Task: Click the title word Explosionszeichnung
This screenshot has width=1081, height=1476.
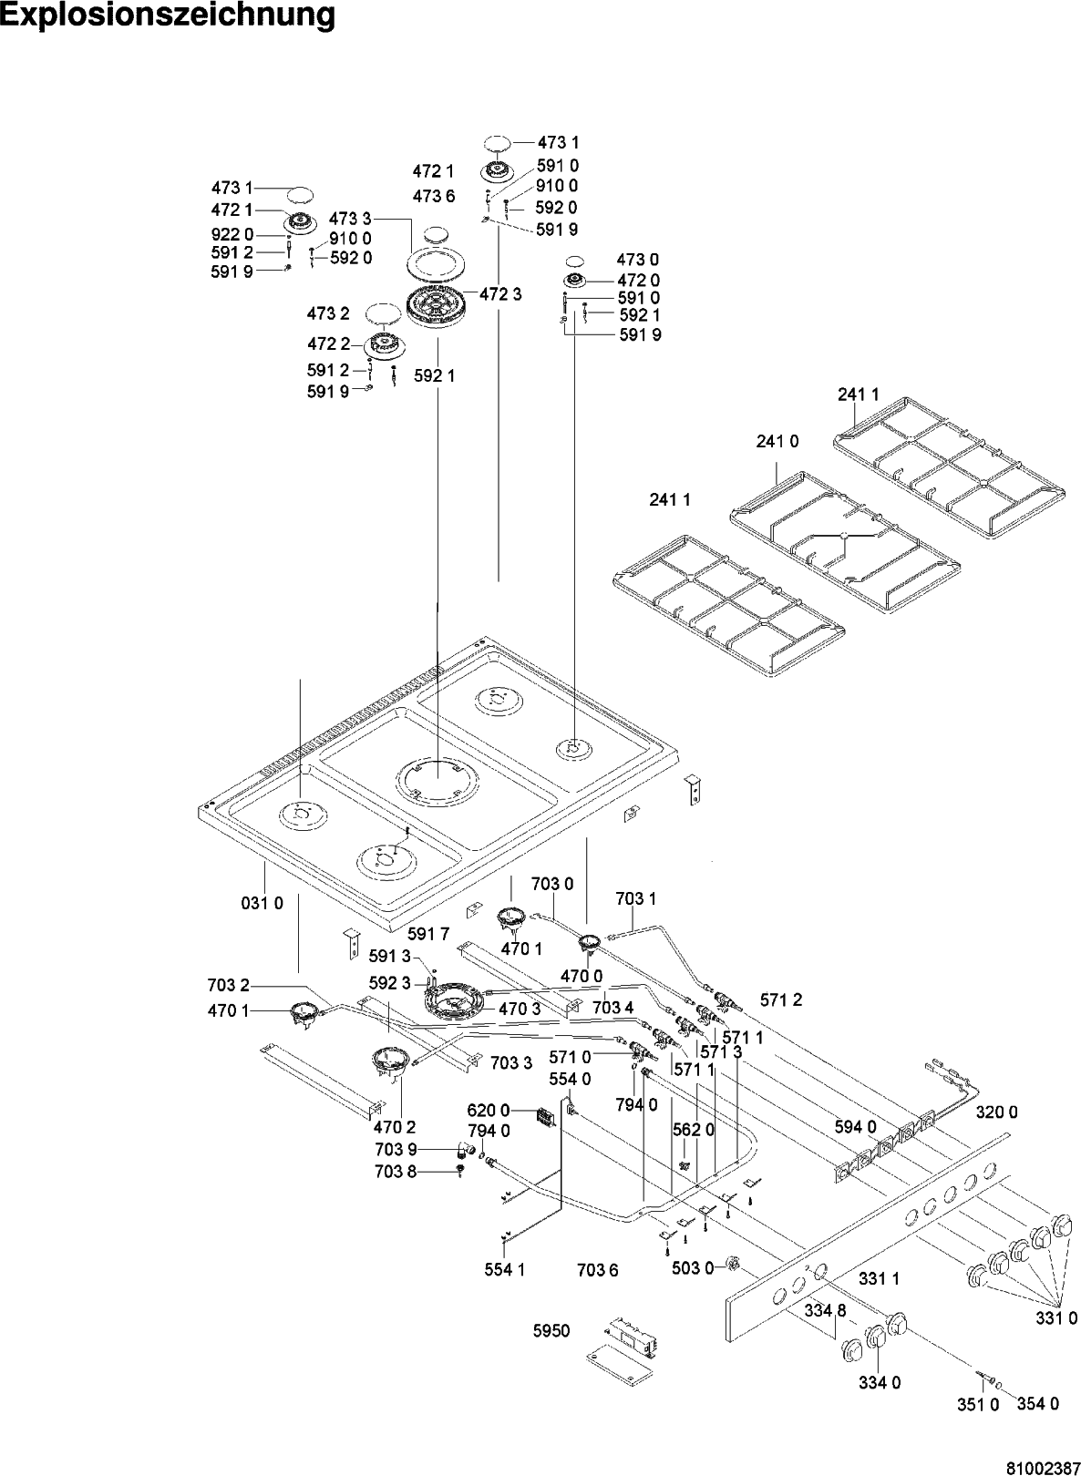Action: (168, 15)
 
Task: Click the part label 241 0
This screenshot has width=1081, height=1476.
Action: (777, 441)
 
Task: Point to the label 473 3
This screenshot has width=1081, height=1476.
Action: (350, 219)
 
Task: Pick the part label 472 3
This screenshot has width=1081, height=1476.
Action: (500, 294)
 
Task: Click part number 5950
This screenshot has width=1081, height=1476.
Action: (551, 1331)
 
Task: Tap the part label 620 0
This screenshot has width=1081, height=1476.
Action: (486, 1111)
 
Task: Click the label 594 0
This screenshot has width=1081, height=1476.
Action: (855, 1127)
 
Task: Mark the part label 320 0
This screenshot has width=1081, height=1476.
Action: (996, 1112)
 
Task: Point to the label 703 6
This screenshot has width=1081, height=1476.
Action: (598, 1269)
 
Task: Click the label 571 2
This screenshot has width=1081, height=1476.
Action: (781, 999)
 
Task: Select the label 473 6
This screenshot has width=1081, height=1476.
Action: (433, 196)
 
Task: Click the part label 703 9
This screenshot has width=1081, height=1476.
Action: (395, 1150)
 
